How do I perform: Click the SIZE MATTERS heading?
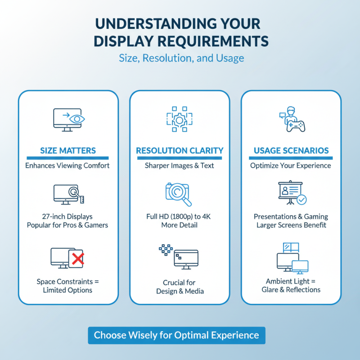(67, 151)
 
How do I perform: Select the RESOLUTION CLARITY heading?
(180, 151)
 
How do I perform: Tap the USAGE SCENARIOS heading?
(291, 151)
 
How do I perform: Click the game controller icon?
(296, 125)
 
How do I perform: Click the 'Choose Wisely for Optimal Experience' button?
(176, 335)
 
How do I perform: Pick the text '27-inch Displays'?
(67, 217)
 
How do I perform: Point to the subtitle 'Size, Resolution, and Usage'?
(181, 58)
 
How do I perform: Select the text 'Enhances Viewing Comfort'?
(67, 166)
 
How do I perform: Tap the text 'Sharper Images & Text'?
(180, 166)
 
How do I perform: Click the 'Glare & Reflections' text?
(291, 290)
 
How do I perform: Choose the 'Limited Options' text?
(67, 290)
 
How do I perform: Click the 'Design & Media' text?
(180, 291)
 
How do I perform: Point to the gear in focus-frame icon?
(179, 119)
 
